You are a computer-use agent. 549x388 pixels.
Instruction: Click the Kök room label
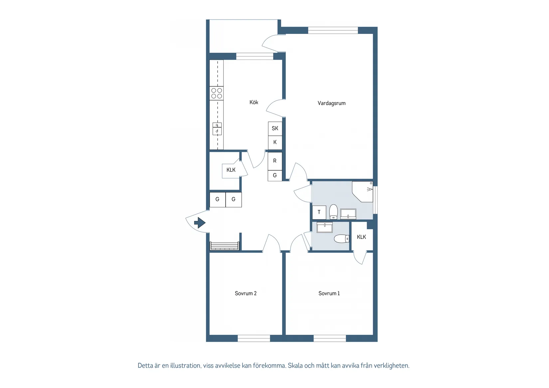pos(254,102)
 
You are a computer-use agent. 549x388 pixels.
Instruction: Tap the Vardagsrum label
pos(331,103)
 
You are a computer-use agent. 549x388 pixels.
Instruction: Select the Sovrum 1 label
pos(329,293)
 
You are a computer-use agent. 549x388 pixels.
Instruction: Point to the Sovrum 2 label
pos(246,293)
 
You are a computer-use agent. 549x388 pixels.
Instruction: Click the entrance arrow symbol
pos(200,222)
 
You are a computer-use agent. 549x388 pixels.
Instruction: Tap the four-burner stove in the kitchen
pos(217,93)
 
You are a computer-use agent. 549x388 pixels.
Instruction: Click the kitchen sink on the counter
pos(217,128)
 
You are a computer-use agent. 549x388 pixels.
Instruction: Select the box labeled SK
pos(275,128)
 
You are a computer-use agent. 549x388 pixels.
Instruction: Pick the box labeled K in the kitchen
pos(275,142)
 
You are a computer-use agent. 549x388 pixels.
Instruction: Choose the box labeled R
pos(275,161)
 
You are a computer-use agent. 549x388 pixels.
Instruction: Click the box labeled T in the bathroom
pos(319,212)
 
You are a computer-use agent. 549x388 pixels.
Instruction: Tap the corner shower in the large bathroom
pos(363,191)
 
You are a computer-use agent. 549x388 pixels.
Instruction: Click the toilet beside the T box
pos(333,212)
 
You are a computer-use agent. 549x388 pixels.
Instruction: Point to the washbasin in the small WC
pos(324,227)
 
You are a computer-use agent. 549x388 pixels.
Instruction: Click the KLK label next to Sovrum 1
pos(361,237)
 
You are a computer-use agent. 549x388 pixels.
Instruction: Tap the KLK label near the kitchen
pos(231,170)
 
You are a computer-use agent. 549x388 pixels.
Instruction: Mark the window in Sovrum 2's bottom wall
pos(254,338)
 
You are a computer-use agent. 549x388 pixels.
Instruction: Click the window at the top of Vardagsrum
pos(333,30)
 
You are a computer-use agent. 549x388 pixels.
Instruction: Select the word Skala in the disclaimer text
pos(295,366)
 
